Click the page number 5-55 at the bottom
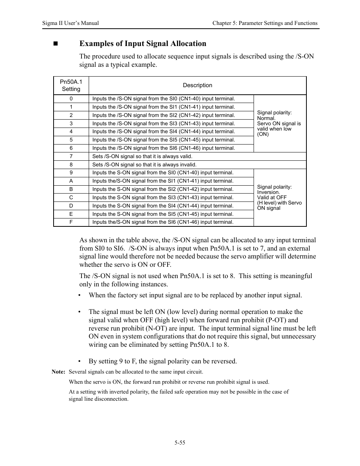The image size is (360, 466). pyautogui.click(x=180, y=443)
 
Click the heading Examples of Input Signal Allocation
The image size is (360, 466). pyautogui.click(x=143, y=44)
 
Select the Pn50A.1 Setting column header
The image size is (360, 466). pyautogui.click(x=71, y=85)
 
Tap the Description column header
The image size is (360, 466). pyautogui.click(x=197, y=85)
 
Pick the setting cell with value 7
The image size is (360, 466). pyautogui.click(x=71, y=156)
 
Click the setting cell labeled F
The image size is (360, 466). pyautogui.click(x=71, y=222)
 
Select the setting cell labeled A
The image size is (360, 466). pyautogui.click(x=71, y=181)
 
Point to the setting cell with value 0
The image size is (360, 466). pyautogui.click(x=71, y=98)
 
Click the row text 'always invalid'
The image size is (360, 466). pyautogui.click(x=144, y=165)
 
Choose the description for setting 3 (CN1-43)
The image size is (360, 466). pyautogui.click(x=163, y=123)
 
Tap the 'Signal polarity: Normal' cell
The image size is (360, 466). pyautogui.click(x=279, y=123)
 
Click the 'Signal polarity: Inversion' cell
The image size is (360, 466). pyautogui.click(x=279, y=197)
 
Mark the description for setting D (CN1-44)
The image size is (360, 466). pyautogui.click(x=163, y=206)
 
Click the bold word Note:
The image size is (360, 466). pyautogui.click(x=58, y=372)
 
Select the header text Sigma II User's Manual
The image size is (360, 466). pyautogui.click(x=71, y=23)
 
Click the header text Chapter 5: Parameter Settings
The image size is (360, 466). pyautogui.click(x=265, y=23)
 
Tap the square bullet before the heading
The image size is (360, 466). pyautogui.click(x=55, y=44)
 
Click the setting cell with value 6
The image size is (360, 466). pyautogui.click(x=71, y=148)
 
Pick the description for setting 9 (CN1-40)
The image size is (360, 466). pyautogui.click(x=163, y=172)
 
